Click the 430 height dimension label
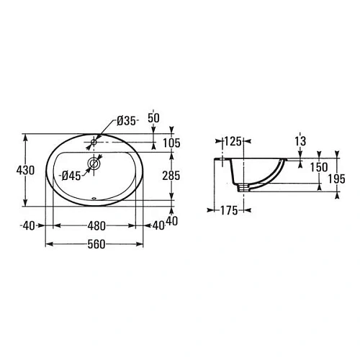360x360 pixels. [x=25, y=170]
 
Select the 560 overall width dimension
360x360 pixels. [x=96, y=244]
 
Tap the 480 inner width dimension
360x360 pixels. [x=96, y=226]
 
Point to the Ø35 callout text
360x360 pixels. [x=126, y=121]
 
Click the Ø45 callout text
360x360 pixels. [x=71, y=176]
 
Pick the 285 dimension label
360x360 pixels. [x=171, y=176]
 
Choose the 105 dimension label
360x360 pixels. [x=171, y=143]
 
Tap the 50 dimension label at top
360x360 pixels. [x=153, y=118]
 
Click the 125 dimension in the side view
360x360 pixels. [x=233, y=141]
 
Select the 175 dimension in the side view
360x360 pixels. [x=229, y=210]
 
